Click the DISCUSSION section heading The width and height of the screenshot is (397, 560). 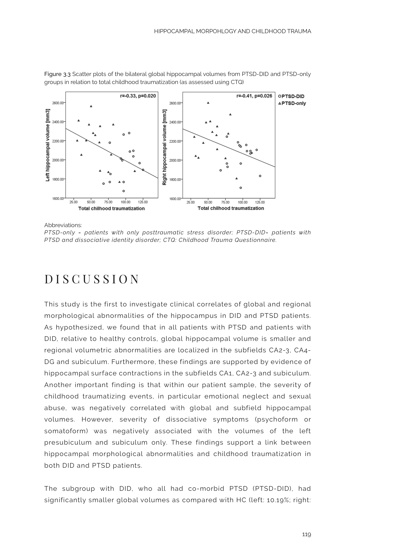[92, 279]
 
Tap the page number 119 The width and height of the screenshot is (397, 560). [307, 534]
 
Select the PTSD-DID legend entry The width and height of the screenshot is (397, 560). [291, 96]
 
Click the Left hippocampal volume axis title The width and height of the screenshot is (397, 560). [48, 145]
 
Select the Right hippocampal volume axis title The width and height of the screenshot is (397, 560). [164, 147]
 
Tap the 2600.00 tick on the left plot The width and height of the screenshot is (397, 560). [58, 103]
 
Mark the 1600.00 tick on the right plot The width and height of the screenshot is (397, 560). [175, 199]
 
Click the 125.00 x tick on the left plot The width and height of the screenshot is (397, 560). [143, 202]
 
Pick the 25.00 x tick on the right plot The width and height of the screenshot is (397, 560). [191, 202]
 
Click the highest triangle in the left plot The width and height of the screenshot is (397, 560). [91, 106]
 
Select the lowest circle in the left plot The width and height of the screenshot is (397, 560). [124, 191]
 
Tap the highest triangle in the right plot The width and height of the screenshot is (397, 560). [208, 103]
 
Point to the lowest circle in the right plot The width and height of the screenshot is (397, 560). [241, 188]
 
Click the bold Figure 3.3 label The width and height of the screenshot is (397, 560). [57, 74]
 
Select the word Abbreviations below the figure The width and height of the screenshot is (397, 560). [63, 225]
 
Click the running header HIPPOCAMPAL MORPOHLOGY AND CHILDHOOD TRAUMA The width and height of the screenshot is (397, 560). [232, 31]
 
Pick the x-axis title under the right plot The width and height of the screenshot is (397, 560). [231, 208]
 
